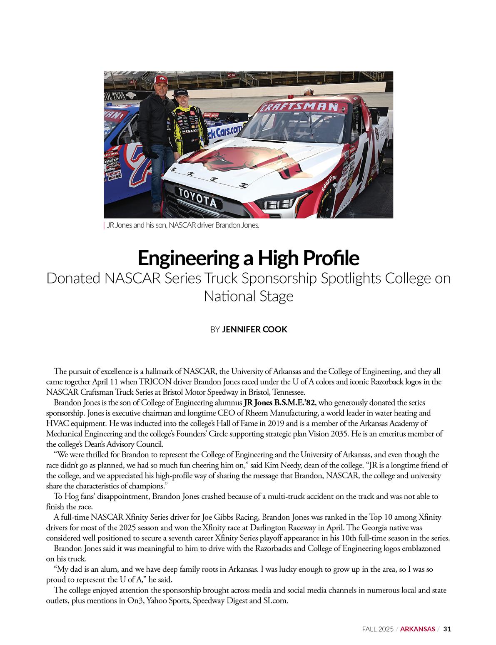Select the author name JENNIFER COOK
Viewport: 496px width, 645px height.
tap(255, 329)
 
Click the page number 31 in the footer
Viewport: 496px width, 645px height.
tap(447, 629)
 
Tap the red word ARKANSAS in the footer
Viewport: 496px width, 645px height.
tap(418, 629)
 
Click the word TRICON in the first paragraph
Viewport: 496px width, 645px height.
tap(155, 381)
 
